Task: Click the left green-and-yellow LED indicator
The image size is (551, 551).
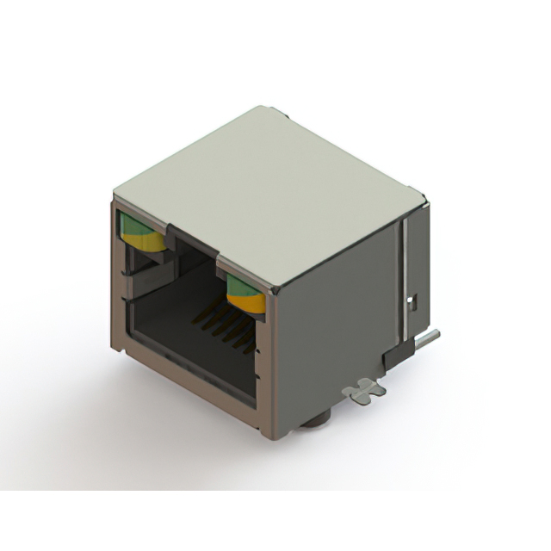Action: [x=142, y=232]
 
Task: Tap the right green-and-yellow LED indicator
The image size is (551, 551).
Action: [x=245, y=293]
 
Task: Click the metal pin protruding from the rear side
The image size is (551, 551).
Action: [x=430, y=338]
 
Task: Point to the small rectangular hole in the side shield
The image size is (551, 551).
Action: [x=412, y=301]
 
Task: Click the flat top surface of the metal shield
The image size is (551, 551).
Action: [x=267, y=189]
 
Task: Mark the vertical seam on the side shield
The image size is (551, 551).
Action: [x=400, y=275]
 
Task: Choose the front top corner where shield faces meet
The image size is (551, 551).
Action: [x=275, y=294]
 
